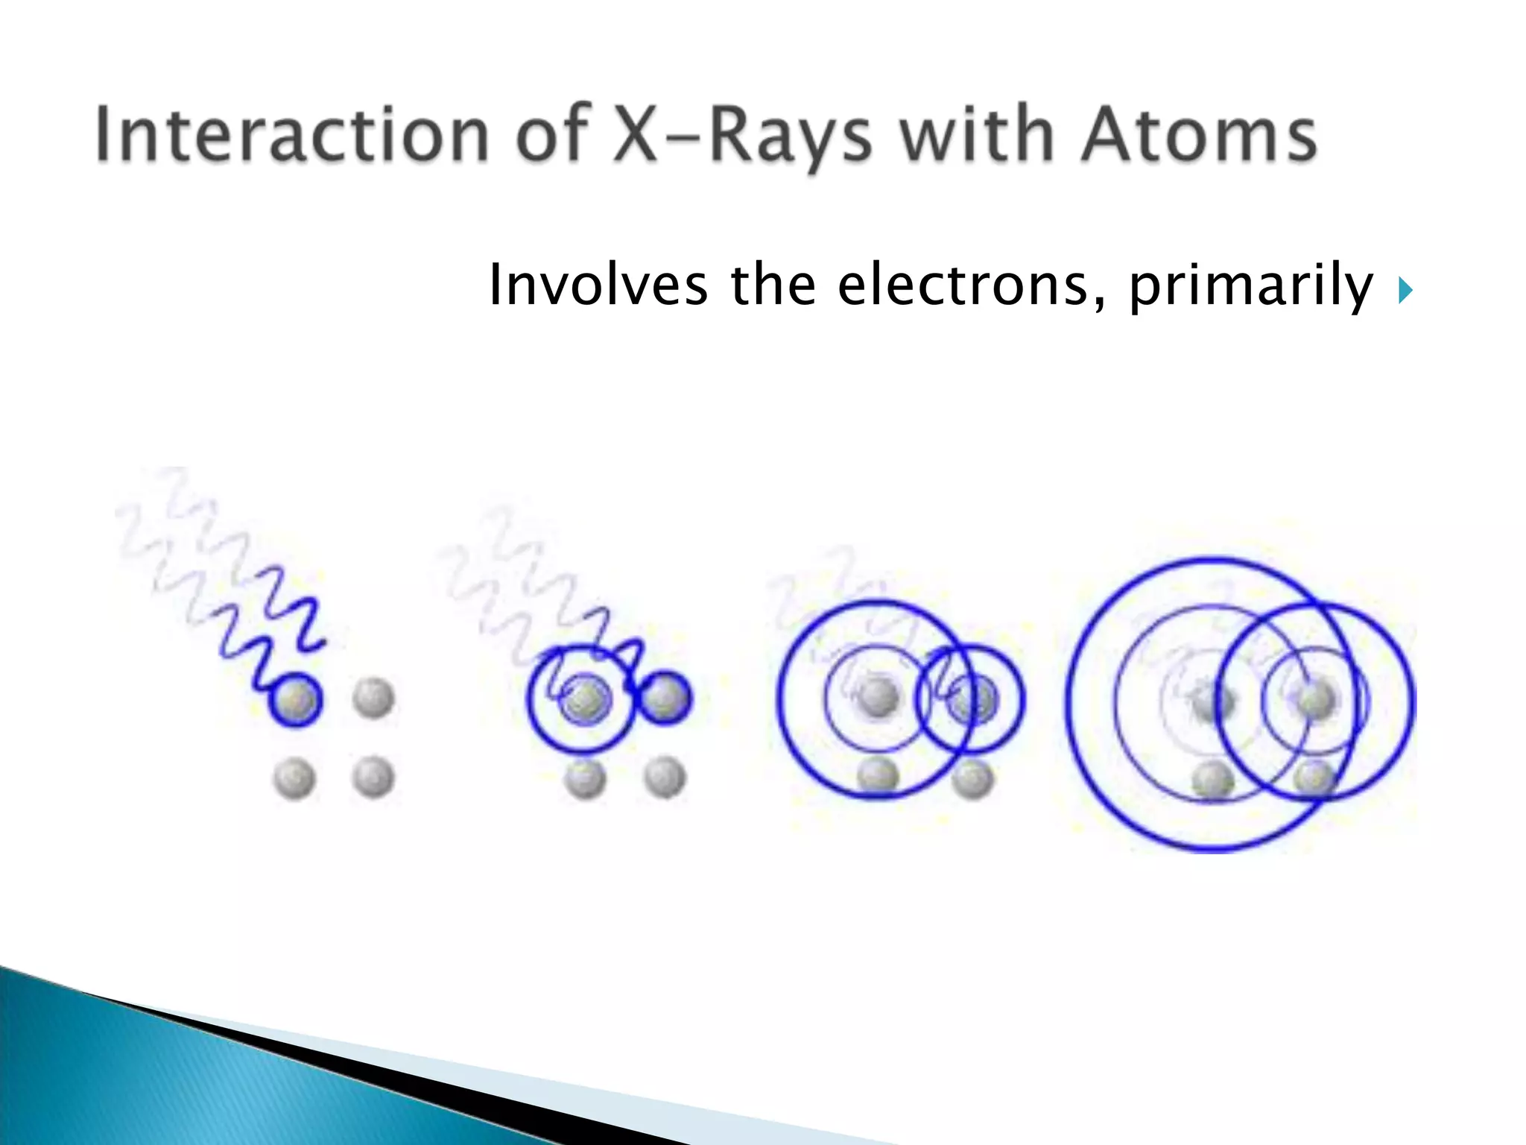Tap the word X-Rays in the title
[x=742, y=136]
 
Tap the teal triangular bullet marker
[x=1405, y=290]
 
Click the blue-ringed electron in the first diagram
[x=296, y=700]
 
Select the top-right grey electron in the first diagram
[x=373, y=698]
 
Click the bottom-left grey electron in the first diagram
[x=294, y=777]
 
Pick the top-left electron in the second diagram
[x=585, y=698]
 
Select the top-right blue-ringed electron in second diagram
[x=665, y=698]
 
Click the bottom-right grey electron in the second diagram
[x=665, y=777]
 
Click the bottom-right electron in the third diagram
[x=972, y=778]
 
